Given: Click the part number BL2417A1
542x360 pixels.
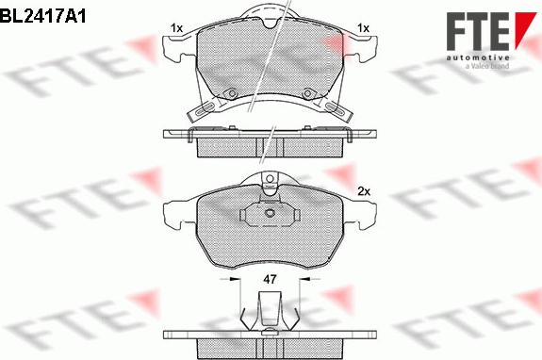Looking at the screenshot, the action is coord(42,15).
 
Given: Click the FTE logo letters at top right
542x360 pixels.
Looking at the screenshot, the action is coord(478,31).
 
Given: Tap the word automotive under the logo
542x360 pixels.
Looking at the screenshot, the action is coord(478,57).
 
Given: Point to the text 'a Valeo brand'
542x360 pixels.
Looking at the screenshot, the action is coord(487,66).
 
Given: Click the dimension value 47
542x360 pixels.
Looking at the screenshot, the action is coord(270,279).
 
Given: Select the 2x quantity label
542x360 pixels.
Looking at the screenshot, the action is coord(364,191).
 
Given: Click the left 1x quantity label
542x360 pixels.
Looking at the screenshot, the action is coord(176,28).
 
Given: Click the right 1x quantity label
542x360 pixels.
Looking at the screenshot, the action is coord(363,28).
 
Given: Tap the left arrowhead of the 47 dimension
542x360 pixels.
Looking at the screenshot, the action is coord(236,279).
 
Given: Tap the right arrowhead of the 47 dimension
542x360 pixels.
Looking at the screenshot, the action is coord(304,279).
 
